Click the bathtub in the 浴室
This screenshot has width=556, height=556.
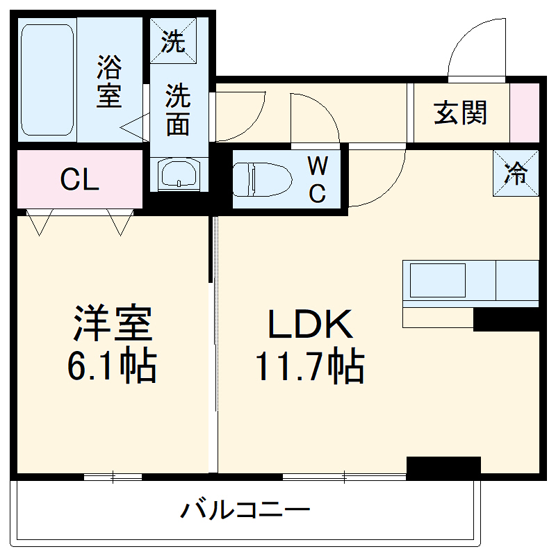47,80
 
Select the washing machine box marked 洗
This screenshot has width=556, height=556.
174,41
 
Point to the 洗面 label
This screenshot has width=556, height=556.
178,110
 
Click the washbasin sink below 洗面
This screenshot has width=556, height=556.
178,174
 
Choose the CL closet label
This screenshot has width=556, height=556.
79,181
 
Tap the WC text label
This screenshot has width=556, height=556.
317,180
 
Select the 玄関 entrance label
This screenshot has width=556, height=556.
461,113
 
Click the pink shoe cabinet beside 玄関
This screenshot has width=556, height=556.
525,113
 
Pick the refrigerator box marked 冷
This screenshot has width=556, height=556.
516,174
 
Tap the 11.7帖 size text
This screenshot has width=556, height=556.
310,367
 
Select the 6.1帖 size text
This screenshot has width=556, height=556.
111,367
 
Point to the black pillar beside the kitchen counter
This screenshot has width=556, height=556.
506,320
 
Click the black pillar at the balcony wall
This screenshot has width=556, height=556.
443,467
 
